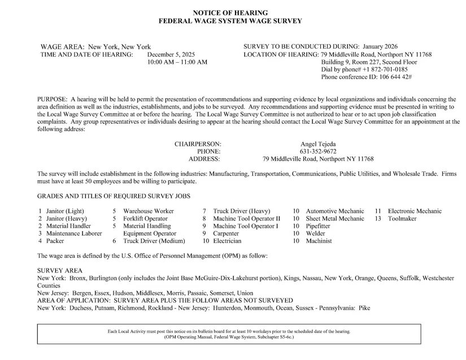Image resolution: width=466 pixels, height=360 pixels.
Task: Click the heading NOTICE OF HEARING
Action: [230, 12]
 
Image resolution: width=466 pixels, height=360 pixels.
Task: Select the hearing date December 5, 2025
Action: [171, 55]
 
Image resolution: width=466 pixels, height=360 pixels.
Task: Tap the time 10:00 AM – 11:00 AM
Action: [177, 62]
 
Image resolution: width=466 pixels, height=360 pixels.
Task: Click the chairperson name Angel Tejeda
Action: [318, 144]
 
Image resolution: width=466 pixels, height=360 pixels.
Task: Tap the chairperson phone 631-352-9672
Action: [318, 151]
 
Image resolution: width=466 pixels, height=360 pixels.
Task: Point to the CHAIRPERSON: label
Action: [198, 144]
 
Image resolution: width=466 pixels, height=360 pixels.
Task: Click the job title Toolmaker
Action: [402, 219]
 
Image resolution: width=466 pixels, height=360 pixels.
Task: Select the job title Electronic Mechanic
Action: [415, 211]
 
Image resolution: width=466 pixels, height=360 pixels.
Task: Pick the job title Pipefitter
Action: [318, 226]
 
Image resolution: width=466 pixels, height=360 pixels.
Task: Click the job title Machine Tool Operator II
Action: [246, 219]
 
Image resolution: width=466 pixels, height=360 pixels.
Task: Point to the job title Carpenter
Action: [226, 233]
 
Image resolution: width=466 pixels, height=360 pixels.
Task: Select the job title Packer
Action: [55, 241]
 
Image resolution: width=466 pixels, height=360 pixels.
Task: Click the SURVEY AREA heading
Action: [59, 271]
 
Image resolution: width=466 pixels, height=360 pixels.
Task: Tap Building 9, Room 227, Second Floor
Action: [369, 62]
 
